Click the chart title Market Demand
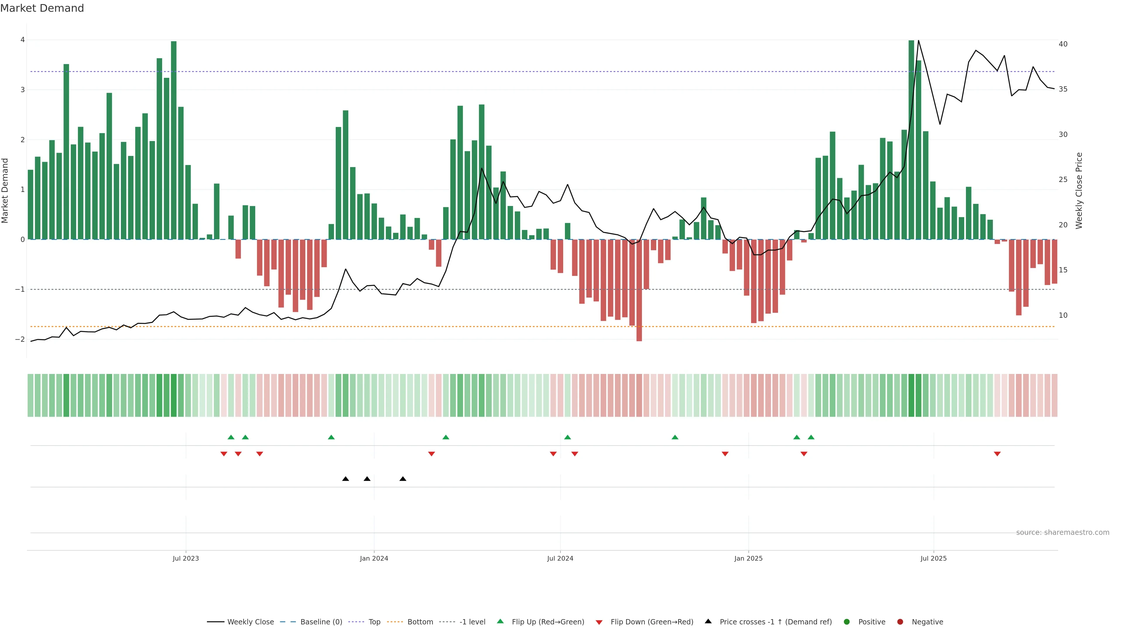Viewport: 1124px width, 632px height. [42, 8]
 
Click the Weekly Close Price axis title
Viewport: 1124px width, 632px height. [1079, 190]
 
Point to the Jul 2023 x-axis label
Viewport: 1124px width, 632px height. [186, 558]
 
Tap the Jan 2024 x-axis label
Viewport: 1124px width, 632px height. [374, 558]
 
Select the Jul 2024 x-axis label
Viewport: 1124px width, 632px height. [560, 558]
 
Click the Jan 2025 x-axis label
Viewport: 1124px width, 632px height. [748, 558]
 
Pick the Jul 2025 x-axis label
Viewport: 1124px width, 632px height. [934, 558]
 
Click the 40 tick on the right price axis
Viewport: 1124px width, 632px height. [1063, 44]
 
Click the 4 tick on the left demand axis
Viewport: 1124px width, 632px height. [23, 40]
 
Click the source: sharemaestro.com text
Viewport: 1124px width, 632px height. [1063, 533]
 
